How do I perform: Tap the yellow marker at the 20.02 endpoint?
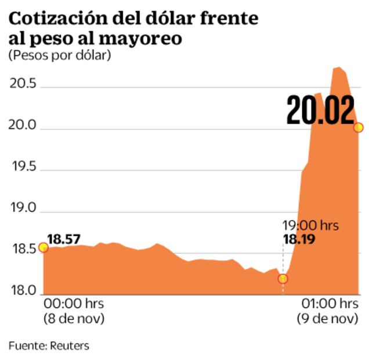(358, 127)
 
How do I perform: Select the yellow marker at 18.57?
(43, 247)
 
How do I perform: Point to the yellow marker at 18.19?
(283, 279)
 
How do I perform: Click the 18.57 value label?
(64, 238)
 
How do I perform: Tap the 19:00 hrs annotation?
(310, 225)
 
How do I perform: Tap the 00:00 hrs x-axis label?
(71, 304)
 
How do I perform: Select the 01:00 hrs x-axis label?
(328, 304)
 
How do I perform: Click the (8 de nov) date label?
(72, 319)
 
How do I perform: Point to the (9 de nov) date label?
(326, 319)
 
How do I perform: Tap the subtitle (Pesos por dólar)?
(59, 56)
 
